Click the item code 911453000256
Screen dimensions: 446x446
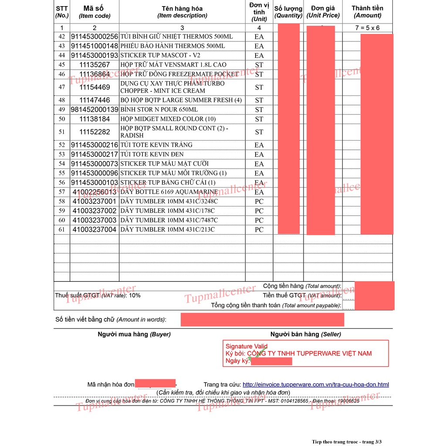[95, 37]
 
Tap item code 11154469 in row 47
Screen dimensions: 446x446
[95, 87]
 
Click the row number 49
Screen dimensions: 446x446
[61, 109]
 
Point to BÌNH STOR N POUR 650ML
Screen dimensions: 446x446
[159, 109]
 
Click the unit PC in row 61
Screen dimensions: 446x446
[259, 230]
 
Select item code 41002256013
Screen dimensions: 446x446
[95, 192]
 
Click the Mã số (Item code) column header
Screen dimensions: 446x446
[95, 12]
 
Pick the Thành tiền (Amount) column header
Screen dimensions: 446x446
[367, 12]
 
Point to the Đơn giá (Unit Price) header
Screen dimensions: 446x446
[323, 12]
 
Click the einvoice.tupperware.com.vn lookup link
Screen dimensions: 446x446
[315, 385]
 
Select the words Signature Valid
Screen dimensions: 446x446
[247, 347]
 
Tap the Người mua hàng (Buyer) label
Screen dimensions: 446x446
[134, 334]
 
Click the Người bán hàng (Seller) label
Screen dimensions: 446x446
[305, 334]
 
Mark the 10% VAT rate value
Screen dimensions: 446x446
[135, 295]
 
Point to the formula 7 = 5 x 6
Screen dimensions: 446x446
[367, 28]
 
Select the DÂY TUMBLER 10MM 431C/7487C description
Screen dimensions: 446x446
[169, 220]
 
